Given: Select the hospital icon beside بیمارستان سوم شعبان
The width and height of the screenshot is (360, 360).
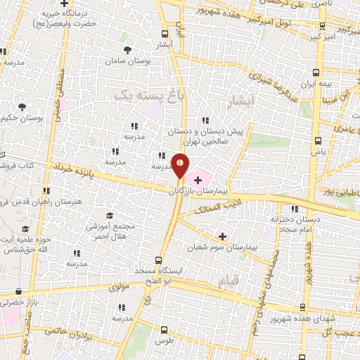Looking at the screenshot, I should pyautogui.click(x=223, y=236).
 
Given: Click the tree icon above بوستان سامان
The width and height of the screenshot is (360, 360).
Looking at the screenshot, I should pyautogui.click(x=127, y=50).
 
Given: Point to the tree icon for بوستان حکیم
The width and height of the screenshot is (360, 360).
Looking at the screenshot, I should pyautogui.click(x=22, y=107).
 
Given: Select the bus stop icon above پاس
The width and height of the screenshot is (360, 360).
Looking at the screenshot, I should pyautogui.click(x=319, y=139).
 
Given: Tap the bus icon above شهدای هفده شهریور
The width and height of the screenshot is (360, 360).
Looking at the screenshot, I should pyautogui.click(x=302, y=307).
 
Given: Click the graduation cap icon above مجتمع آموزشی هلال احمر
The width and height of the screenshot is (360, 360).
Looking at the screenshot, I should pyautogui.click(x=110, y=215).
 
